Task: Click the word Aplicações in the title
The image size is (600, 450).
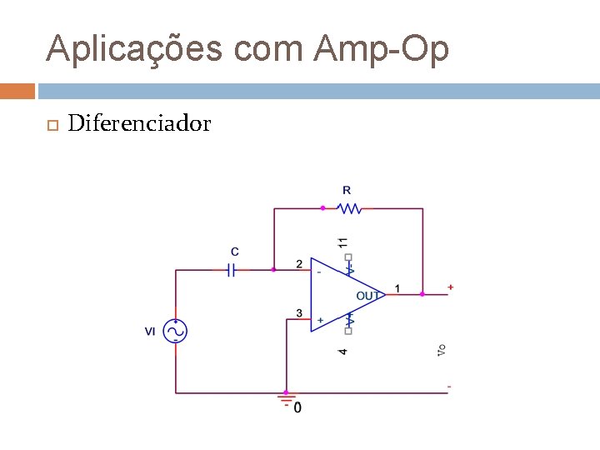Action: coord(134,49)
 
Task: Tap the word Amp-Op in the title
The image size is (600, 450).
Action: coord(382,49)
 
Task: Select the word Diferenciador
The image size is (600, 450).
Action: coord(139,124)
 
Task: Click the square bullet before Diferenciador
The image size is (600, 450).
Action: coord(51,125)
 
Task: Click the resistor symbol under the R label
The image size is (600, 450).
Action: coord(350,208)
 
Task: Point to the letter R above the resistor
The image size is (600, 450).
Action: coord(347,191)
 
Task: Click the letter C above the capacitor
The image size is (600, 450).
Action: coord(235,251)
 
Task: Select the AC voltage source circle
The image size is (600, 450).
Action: coord(176,331)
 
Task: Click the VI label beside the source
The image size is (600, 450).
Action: coord(150,332)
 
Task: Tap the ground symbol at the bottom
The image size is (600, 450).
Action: coord(285,398)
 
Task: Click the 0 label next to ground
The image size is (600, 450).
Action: coord(298,407)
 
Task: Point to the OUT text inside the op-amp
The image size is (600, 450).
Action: coord(368,296)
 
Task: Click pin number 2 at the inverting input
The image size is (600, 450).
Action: coord(299,264)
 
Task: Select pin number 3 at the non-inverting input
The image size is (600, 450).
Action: coord(299,313)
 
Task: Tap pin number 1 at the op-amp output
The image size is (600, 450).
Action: coord(397,288)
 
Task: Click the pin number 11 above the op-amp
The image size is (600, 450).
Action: coord(342,242)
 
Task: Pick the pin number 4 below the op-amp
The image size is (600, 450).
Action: coord(342,352)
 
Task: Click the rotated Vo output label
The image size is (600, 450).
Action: coord(442,351)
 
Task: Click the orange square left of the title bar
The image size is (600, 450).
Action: coord(17,90)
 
